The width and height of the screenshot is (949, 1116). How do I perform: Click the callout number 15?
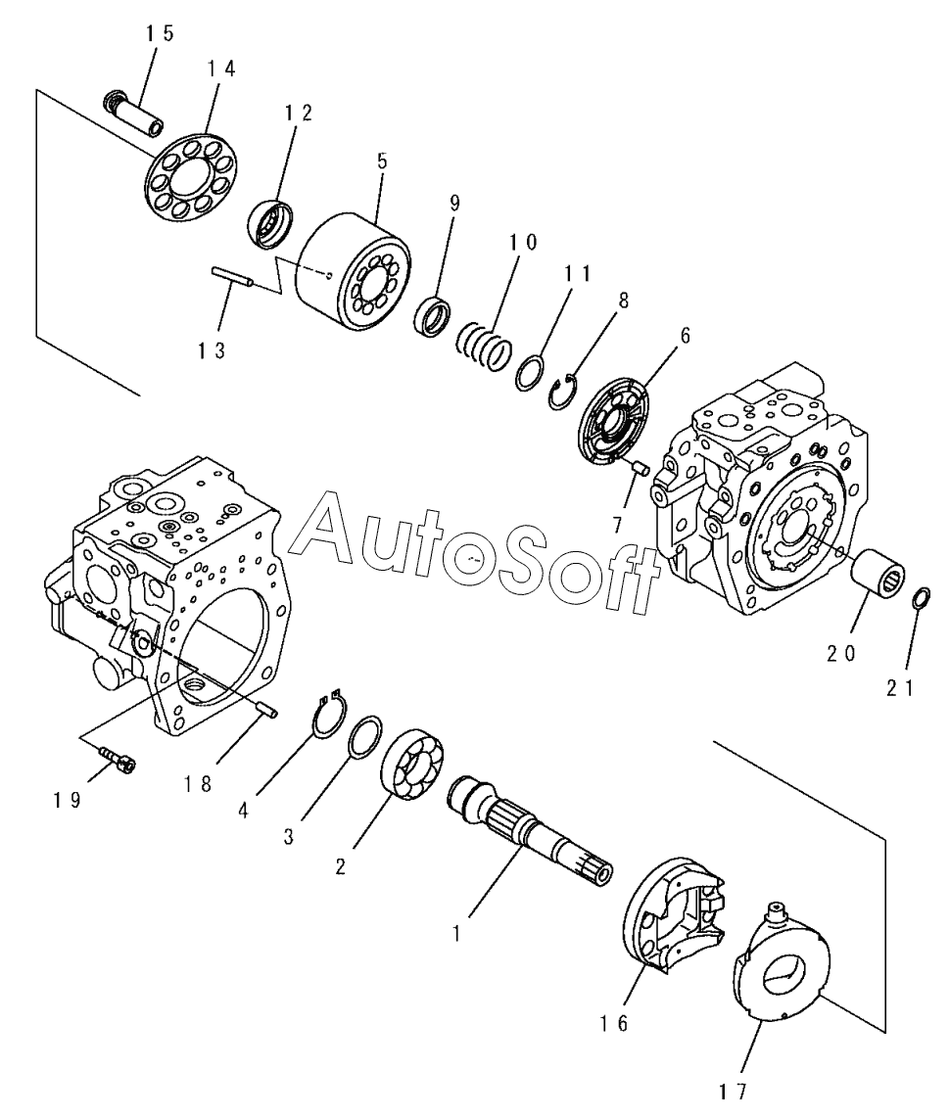coord(161,33)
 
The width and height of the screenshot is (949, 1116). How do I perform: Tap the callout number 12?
coord(299,113)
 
